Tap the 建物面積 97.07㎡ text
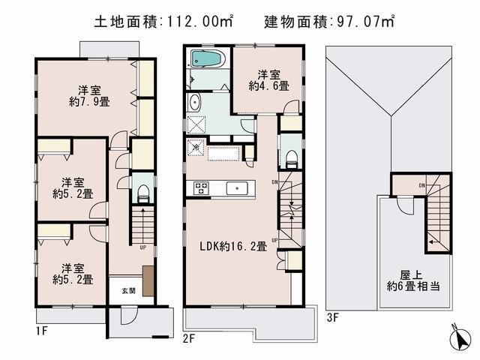point(329,21)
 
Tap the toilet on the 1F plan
point(143,192)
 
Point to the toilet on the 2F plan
point(291,157)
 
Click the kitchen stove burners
point(200,188)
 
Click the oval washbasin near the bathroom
point(195,103)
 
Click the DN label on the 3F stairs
point(422,185)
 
